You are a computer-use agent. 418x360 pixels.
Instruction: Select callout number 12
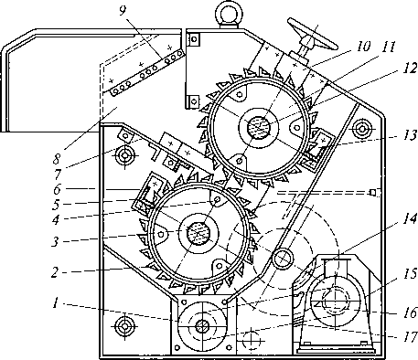coord(410,68)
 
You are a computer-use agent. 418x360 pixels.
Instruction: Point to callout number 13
coord(409,135)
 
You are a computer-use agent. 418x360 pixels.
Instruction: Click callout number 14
coord(410,218)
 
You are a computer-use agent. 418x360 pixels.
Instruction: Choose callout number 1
coord(55,303)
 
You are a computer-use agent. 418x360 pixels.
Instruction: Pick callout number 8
coord(57,159)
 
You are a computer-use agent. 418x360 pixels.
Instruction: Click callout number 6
coord(57,189)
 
